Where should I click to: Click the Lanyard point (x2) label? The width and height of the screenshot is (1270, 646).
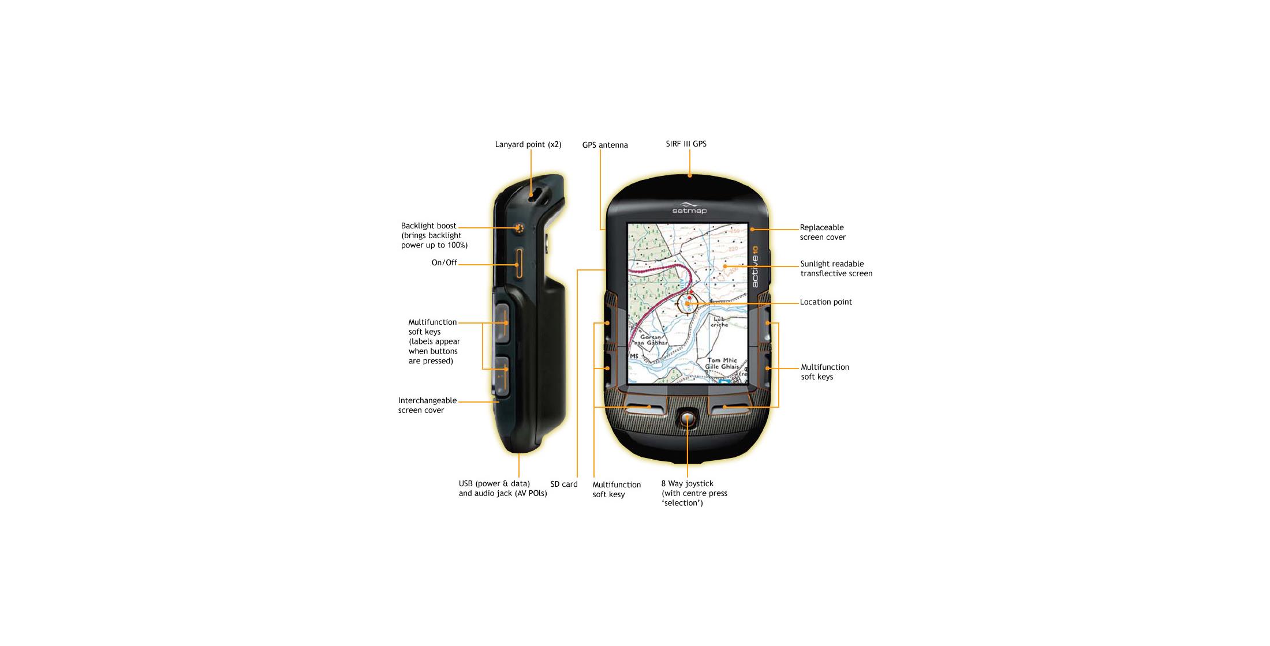[x=528, y=145]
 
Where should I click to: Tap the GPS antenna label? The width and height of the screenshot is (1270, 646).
[x=604, y=145]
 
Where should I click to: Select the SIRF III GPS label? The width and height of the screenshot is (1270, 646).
[x=686, y=144]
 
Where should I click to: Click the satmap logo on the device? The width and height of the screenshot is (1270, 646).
[x=689, y=209]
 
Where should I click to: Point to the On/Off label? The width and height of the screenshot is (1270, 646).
[x=444, y=263]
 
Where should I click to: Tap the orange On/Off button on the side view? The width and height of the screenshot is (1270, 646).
[x=520, y=264]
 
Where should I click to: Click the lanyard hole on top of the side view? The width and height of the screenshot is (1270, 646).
[x=535, y=195]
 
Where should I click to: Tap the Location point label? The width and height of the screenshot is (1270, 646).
[x=825, y=302]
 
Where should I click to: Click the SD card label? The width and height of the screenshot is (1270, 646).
[x=563, y=484]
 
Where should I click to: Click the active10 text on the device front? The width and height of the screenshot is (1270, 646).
[x=756, y=268]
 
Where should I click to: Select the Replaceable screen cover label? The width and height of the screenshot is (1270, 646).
[x=822, y=232]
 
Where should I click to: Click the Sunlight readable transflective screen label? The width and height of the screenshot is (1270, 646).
[x=836, y=269]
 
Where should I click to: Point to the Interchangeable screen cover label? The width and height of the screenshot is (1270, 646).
[x=427, y=405]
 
